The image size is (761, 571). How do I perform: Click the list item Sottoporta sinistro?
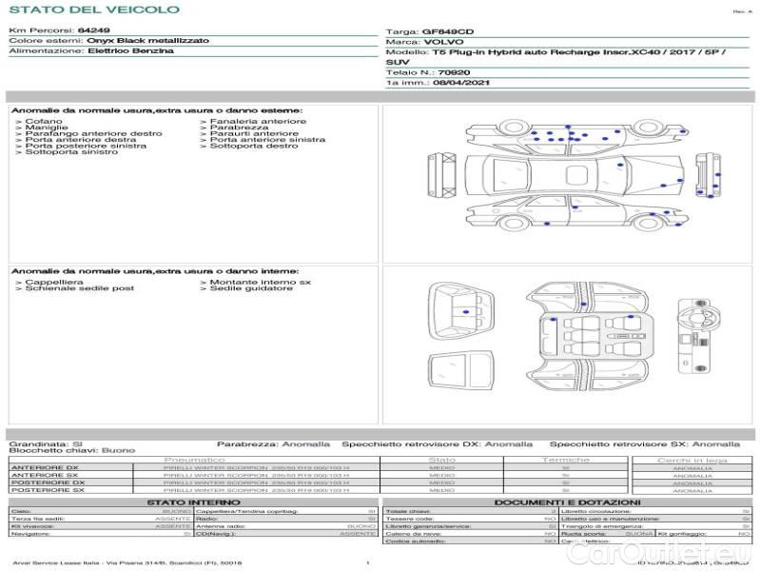coord(71,152)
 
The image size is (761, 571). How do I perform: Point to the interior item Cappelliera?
coord(54,282)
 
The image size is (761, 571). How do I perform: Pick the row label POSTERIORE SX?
coord(48,490)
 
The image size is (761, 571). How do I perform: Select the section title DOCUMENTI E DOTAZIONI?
coord(567,502)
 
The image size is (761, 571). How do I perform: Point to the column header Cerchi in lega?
coord(692,460)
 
